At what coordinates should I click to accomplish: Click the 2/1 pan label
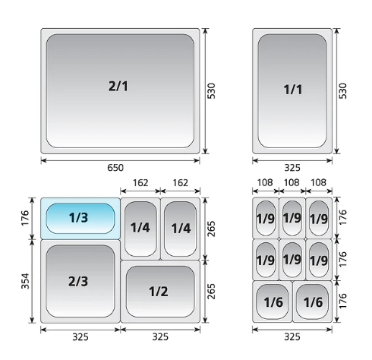tap(118, 86)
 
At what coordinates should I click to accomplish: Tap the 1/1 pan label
tap(293, 90)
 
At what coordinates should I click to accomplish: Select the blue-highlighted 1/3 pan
tap(80, 219)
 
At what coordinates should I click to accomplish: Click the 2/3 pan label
tap(78, 281)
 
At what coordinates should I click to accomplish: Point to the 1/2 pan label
tap(159, 292)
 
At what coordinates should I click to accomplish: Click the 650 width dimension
tap(115, 168)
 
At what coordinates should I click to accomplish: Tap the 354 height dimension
tap(25, 281)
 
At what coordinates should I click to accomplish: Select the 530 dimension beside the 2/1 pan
tap(211, 90)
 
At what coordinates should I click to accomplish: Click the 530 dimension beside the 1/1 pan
tap(342, 90)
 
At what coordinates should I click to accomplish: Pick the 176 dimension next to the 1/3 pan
tap(25, 218)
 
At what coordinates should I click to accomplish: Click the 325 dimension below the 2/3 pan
tap(80, 337)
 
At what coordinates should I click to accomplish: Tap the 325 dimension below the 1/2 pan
tap(160, 337)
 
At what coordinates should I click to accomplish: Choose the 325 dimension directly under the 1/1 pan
tap(292, 168)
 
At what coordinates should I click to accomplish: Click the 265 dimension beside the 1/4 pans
tap(211, 229)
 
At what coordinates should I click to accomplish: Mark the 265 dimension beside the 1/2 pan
tap(211, 292)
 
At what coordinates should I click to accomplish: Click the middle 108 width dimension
tap(292, 182)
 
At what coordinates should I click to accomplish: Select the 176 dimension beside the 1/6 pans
tap(342, 301)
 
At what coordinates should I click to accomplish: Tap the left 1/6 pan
tap(273, 302)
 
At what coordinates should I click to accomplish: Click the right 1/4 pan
tap(181, 229)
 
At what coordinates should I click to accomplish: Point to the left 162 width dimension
tap(140, 183)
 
